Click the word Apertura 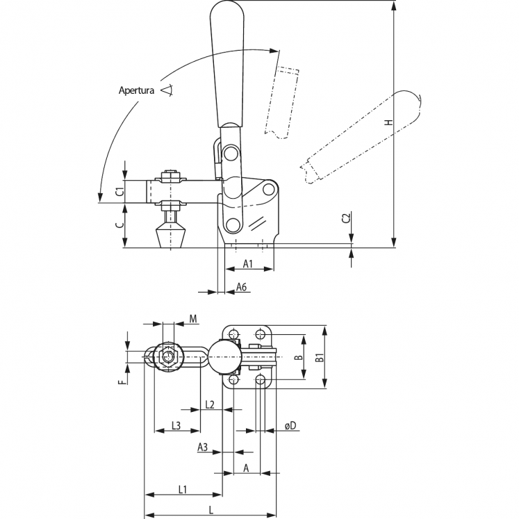pos(137,90)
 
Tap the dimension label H pos(389,123)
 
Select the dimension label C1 pos(119,191)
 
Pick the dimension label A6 pos(242,286)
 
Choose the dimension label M pos(194,319)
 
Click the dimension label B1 pos(320,359)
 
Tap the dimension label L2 pos(210,404)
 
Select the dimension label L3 pos(176,425)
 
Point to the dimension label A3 pos(203,446)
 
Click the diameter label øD pos(290,425)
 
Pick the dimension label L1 pos(183,489)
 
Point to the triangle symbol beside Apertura pos(166,90)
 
